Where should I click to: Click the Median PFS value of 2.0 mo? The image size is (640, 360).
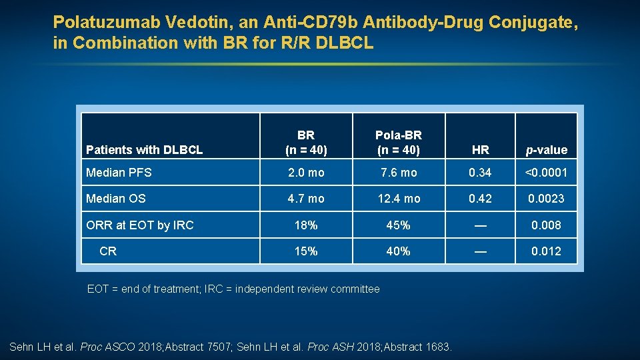pyautogui.click(x=306, y=173)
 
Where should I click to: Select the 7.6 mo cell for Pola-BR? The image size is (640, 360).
pyautogui.click(x=399, y=173)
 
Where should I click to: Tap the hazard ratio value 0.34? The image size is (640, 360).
pyautogui.click(x=480, y=173)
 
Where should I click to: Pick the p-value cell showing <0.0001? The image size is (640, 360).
pyautogui.click(x=546, y=173)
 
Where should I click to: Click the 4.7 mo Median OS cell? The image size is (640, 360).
pyautogui.click(x=306, y=199)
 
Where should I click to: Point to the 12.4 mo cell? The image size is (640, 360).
pyautogui.click(x=399, y=199)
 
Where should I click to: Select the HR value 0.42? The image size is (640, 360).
pyautogui.click(x=480, y=199)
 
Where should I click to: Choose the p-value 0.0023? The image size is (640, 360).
pyautogui.click(x=546, y=199)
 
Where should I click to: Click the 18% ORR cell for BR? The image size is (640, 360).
pyautogui.click(x=306, y=225)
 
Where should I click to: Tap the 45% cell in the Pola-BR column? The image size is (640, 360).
pyautogui.click(x=399, y=225)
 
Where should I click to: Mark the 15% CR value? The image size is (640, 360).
pyautogui.click(x=306, y=251)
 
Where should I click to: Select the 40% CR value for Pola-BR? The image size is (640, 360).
pyautogui.click(x=399, y=251)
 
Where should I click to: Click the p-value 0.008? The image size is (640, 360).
pyautogui.click(x=546, y=225)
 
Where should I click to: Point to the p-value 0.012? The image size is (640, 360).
pyautogui.click(x=546, y=251)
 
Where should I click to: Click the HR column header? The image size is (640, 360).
pyautogui.click(x=480, y=150)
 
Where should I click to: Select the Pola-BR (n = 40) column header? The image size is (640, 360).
pyautogui.click(x=399, y=143)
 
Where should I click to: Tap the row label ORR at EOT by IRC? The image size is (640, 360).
pyautogui.click(x=140, y=225)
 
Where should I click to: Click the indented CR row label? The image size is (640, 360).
pyautogui.click(x=108, y=251)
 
